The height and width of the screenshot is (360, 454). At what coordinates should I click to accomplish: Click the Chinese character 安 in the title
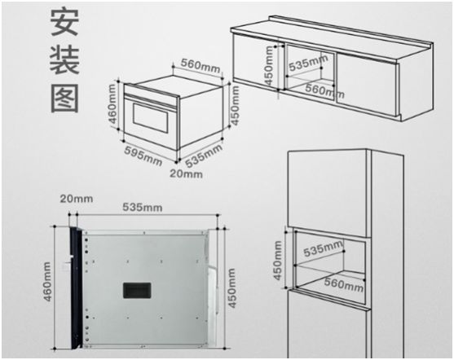click(64, 22)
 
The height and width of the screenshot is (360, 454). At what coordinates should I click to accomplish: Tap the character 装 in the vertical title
click(64, 61)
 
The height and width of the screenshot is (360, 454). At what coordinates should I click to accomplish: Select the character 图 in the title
click(65, 99)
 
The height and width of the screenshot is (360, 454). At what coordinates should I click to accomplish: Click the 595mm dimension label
click(143, 156)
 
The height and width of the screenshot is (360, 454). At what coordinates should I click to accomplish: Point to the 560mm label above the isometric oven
click(201, 66)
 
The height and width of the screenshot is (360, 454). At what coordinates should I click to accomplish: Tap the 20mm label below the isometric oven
click(186, 173)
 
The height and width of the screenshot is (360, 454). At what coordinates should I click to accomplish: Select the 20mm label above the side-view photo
click(77, 199)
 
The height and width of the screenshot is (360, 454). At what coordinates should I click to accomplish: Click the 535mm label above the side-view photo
click(143, 207)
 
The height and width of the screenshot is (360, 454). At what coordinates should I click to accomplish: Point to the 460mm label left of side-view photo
click(47, 281)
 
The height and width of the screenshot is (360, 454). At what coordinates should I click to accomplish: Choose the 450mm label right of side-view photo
click(231, 288)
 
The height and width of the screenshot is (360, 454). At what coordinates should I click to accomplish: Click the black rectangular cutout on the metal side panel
click(137, 290)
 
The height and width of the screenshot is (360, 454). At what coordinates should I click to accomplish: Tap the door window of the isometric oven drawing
click(151, 118)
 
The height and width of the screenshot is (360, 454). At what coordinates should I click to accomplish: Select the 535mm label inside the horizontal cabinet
click(308, 63)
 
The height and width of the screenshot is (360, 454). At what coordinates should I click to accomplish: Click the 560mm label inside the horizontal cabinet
click(325, 90)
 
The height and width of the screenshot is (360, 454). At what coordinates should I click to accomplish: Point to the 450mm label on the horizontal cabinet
click(269, 66)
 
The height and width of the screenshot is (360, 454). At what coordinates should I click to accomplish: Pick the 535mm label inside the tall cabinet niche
click(323, 248)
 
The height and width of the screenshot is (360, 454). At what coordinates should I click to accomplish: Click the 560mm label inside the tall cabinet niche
click(344, 284)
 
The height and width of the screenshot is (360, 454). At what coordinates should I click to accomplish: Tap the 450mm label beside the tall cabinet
click(277, 261)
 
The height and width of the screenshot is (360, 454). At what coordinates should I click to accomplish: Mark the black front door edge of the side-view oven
click(76, 288)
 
